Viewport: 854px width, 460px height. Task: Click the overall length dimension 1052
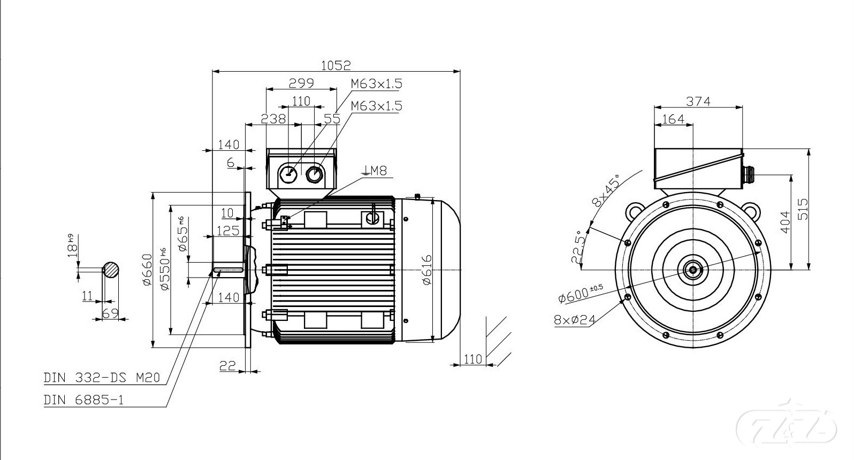(335, 65)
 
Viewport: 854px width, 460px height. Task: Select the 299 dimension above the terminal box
(301, 83)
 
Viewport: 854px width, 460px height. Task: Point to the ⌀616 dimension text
(426, 270)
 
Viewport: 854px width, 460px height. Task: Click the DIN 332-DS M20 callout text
(102, 378)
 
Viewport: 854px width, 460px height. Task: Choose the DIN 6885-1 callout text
(83, 400)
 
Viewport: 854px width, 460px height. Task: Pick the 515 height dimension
(803, 209)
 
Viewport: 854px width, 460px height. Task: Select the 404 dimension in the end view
(784, 221)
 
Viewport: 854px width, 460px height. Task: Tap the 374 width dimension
(698, 101)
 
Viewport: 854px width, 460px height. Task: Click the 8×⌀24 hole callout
(574, 320)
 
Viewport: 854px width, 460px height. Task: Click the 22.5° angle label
(577, 247)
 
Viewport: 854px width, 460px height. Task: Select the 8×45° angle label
(605, 190)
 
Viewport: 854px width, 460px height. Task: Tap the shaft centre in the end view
(693, 269)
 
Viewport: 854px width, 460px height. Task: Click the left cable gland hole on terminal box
(289, 173)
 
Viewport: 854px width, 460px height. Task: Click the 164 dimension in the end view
(673, 119)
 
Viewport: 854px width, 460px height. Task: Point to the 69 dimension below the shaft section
(110, 313)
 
